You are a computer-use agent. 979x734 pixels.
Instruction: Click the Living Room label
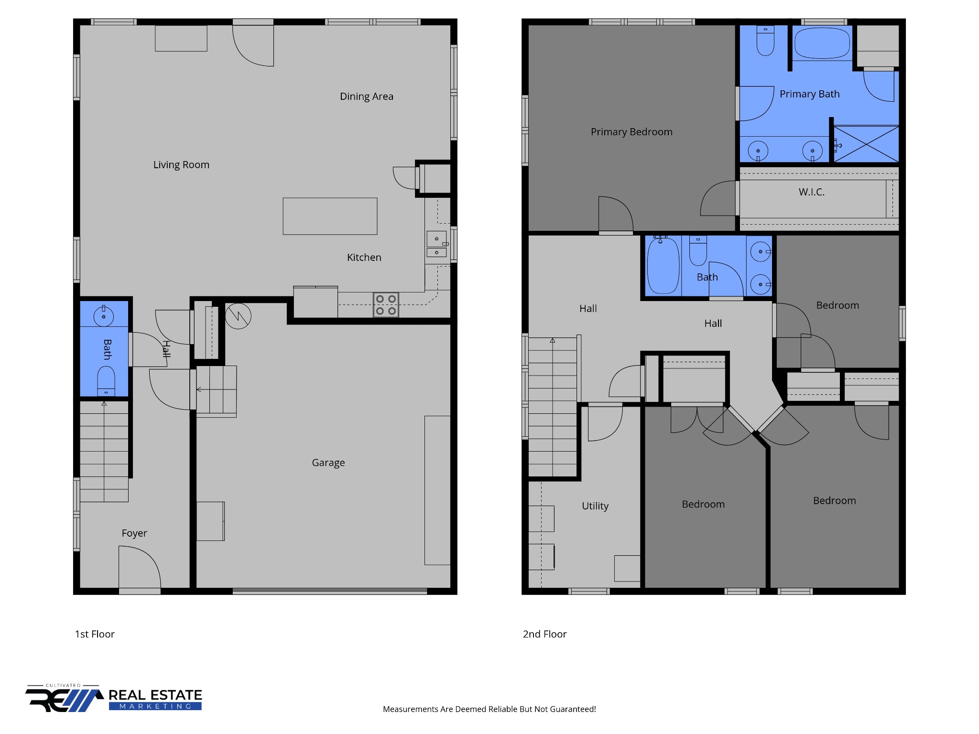(x=181, y=165)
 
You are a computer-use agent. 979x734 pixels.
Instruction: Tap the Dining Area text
(x=367, y=97)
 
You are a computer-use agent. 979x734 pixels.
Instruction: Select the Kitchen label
(x=364, y=258)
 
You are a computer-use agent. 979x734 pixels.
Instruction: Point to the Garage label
(x=328, y=463)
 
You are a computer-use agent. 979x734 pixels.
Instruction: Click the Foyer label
(x=134, y=533)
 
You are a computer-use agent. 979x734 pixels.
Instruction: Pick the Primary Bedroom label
(x=631, y=132)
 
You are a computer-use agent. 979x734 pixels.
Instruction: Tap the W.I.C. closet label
(x=812, y=192)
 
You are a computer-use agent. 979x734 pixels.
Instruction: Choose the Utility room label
(x=595, y=506)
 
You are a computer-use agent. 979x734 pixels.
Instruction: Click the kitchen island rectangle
(x=330, y=216)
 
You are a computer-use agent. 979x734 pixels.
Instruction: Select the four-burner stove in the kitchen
(x=386, y=305)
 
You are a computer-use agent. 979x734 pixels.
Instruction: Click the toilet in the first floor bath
(x=106, y=381)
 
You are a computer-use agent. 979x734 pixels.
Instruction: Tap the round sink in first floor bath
(x=103, y=316)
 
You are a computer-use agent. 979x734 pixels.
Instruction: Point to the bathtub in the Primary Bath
(x=822, y=43)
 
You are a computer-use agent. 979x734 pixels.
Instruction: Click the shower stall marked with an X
(x=866, y=144)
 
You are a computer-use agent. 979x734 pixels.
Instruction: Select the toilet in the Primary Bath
(x=765, y=41)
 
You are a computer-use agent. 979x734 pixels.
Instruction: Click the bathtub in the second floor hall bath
(x=663, y=266)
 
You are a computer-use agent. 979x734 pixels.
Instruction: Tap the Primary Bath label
(x=810, y=94)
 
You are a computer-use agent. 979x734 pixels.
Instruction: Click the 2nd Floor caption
(x=544, y=634)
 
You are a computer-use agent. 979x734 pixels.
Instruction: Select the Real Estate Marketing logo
(x=114, y=699)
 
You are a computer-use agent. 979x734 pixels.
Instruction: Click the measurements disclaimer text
(x=489, y=709)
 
